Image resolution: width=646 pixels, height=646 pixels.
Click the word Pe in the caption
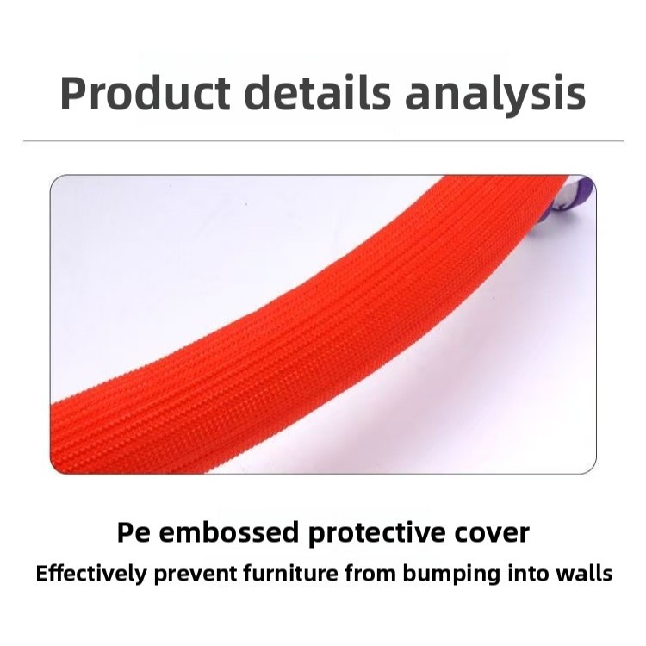point(133,532)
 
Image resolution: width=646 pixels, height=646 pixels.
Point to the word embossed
point(228,531)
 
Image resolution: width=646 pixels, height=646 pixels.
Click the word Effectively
point(91,573)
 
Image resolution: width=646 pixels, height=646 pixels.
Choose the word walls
point(582,573)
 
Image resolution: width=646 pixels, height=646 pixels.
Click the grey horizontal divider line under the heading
point(323,141)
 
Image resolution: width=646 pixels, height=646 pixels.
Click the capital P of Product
point(73,93)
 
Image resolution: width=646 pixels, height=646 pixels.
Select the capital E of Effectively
point(43,574)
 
